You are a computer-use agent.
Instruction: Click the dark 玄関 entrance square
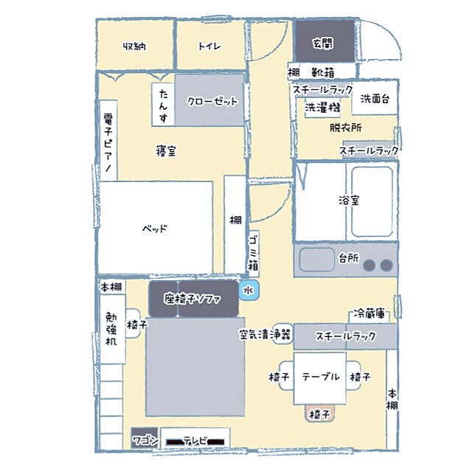(324, 41)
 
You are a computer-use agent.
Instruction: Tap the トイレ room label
(209, 46)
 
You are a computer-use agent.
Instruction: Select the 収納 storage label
(134, 46)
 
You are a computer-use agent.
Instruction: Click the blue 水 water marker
(249, 290)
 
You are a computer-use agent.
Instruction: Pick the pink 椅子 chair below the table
(319, 413)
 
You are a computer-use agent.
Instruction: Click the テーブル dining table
(319, 378)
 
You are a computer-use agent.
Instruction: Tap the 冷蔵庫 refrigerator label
(369, 313)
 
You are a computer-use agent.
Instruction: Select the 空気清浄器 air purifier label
(265, 334)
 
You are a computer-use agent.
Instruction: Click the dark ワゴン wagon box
(145, 437)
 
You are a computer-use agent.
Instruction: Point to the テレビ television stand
(195, 438)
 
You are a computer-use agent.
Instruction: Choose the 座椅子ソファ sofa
(193, 299)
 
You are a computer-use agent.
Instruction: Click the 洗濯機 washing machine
(322, 108)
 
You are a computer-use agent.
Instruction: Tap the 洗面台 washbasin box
(375, 97)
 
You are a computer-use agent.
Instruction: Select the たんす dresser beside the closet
(163, 105)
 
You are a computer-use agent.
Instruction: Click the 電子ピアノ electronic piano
(108, 141)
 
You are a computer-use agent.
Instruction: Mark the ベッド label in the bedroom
(155, 229)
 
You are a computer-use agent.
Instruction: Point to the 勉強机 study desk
(112, 329)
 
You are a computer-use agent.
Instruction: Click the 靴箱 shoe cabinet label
(323, 72)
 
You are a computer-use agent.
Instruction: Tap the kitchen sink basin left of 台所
(317, 260)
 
